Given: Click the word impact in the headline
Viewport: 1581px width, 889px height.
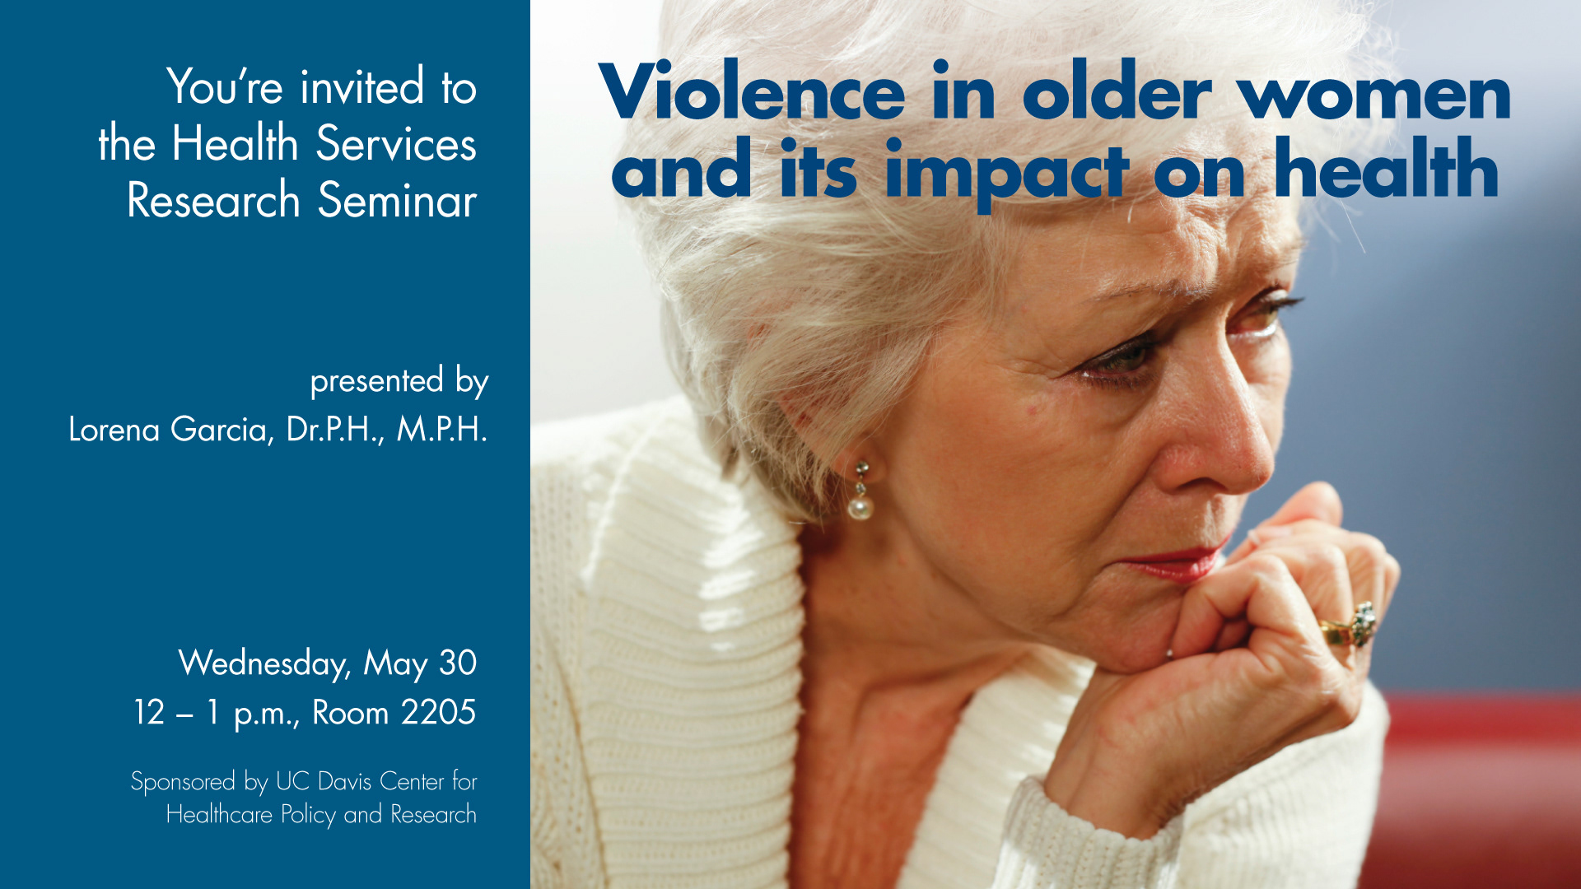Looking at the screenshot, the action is pos(1005,174).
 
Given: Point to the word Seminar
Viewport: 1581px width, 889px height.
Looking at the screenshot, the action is pos(397,200).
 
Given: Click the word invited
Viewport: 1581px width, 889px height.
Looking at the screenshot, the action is pos(362,86).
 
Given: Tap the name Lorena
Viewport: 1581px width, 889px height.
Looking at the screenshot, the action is pos(114,429).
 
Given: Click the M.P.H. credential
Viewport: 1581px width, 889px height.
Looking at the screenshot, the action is pos(442,429).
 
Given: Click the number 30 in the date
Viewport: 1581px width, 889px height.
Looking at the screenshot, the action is pos(457,663).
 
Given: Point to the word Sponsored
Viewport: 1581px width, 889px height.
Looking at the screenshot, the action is pos(183,782).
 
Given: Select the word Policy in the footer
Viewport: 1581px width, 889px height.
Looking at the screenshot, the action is pos(308,815).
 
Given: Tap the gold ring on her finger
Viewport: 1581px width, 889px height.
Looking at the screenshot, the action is pos(1350,626).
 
